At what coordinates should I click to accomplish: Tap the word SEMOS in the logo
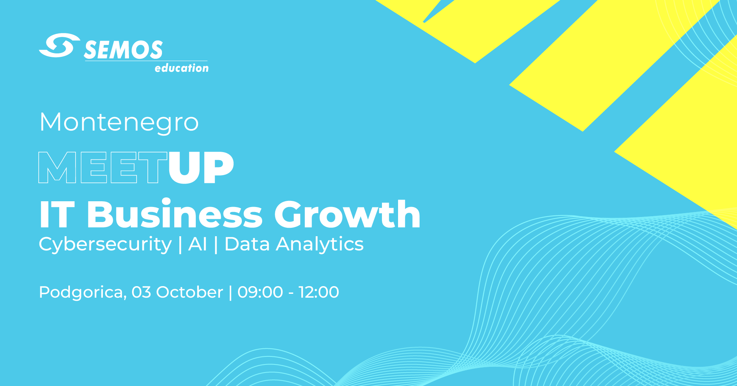(x=123, y=50)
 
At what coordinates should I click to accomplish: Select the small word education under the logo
(x=182, y=68)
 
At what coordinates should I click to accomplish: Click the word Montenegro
(x=119, y=123)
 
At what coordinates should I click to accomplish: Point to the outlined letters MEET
(x=103, y=167)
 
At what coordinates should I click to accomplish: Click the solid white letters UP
(x=201, y=167)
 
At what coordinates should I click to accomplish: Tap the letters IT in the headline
(x=57, y=214)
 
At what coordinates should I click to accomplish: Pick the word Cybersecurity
(x=105, y=245)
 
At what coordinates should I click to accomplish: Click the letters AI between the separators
(x=198, y=244)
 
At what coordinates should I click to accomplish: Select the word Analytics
(x=320, y=245)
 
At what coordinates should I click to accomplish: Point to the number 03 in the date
(x=141, y=292)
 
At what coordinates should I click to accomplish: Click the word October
(x=190, y=292)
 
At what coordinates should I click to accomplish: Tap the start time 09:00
(x=260, y=292)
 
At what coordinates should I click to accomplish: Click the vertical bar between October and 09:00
(x=230, y=292)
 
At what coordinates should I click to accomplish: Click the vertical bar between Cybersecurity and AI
(x=180, y=245)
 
